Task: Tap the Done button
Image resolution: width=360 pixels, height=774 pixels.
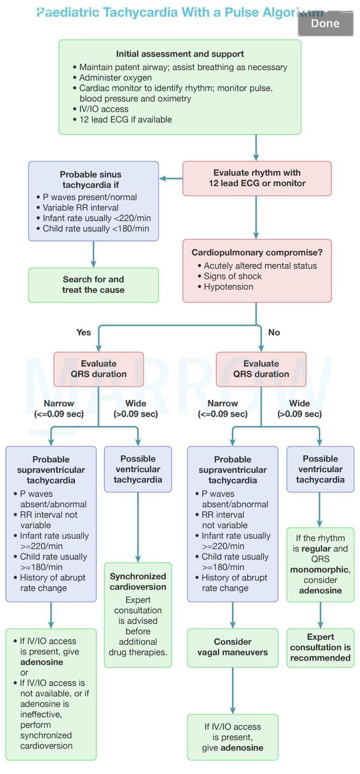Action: click(x=325, y=23)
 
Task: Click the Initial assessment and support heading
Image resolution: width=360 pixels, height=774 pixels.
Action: click(x=180, y=54)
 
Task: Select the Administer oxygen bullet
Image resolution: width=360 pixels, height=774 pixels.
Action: click(x=108, y=78)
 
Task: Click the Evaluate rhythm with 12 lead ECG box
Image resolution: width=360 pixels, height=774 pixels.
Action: click(x=257, y=178)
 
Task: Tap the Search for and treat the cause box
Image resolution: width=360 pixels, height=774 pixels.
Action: click(x=93, y=285)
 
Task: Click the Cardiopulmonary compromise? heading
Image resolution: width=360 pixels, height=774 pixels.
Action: click(x=257, y=253)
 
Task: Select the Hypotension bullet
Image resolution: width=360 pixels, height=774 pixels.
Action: click(x=228, y=287)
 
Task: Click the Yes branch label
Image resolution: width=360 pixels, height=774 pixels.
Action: click(x=84, y=332)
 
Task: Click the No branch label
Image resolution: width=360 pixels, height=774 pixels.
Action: click(x=274, y=332)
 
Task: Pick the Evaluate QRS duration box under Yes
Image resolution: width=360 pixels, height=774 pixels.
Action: click(x=98, y=369)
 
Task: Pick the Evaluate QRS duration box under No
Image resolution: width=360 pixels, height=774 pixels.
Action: click(x=261, y=369)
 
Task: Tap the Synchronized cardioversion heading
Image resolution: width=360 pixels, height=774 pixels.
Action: click(x=138, y=581)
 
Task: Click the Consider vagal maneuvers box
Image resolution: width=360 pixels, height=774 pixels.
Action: click(x=232, y=647)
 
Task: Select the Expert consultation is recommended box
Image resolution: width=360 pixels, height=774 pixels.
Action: click(x=320, y=647)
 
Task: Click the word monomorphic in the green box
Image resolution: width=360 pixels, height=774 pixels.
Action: click(x=319, y=570)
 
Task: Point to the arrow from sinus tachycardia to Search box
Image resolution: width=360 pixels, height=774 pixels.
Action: click(x=93, y=254)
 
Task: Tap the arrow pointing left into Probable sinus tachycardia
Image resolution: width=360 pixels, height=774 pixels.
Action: click(x=170, y=178)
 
